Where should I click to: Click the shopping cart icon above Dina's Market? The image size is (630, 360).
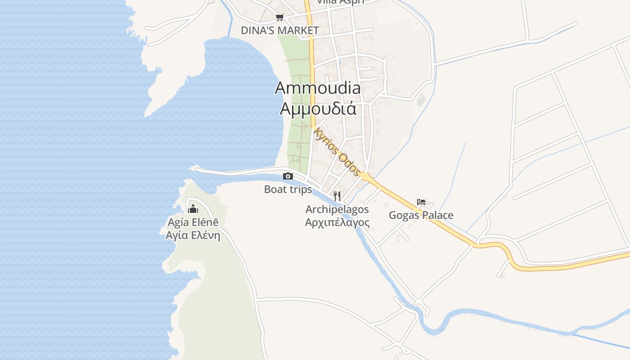280,18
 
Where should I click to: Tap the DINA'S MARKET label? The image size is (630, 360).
279,31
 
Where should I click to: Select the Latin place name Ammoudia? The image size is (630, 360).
318,88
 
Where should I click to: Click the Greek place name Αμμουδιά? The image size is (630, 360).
318,108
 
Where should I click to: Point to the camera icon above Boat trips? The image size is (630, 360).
288,176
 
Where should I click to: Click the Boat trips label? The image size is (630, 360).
288,189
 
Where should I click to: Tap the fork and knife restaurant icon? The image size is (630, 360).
337,196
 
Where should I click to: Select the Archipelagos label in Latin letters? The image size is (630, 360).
337,209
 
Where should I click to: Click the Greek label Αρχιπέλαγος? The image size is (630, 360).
337,222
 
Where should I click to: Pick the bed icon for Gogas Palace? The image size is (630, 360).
421,202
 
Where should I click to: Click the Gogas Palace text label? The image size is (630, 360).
421,216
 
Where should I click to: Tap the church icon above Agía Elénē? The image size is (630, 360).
193,208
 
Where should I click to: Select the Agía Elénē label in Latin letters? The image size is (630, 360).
193,222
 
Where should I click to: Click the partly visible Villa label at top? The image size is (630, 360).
340,2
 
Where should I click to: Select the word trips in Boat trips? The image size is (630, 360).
300,189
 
